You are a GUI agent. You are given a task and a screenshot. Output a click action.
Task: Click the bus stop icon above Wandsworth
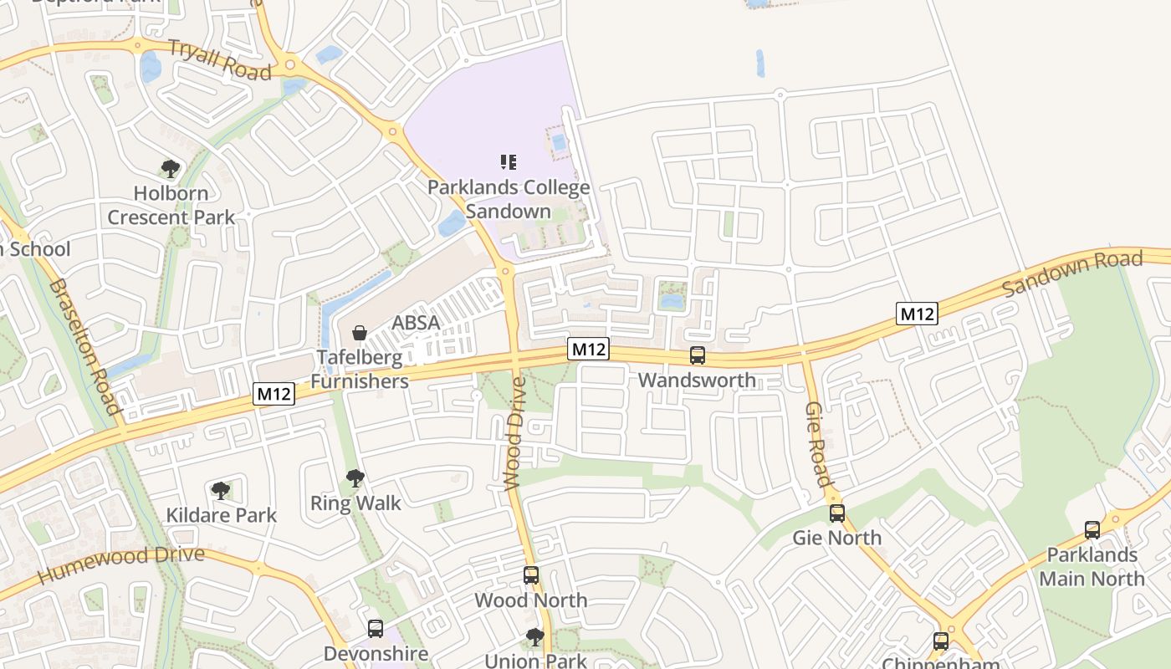tap(697, 355)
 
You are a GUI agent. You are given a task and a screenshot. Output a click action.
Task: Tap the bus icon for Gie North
tap(836, 513)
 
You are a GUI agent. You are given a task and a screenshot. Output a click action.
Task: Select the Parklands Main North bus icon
tap(1092, 529)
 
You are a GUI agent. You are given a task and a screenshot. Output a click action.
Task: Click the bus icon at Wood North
tap(530, 575)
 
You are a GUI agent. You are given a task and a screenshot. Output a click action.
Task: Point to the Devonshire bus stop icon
tap(375, 628)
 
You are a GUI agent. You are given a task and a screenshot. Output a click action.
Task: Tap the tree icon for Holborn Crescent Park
tap(171, 169)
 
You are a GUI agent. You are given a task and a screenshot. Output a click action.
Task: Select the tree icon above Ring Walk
tap(355, 478)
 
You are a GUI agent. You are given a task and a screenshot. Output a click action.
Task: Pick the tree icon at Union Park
tap(534, 637)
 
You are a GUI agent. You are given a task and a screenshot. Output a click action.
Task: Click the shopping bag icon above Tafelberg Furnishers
tap(360, 333)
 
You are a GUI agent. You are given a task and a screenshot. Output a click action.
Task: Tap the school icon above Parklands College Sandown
tap(508, 161)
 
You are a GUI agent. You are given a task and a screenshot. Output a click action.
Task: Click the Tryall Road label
tap(220, 59)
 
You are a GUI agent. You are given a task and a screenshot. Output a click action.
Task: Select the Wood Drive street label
tap(516, 432)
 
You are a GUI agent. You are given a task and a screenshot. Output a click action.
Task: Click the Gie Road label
tap(817, 443)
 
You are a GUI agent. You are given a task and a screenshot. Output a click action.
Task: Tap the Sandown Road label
tap(1072, 273)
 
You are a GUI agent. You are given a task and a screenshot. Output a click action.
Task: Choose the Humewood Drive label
tap(120, 564)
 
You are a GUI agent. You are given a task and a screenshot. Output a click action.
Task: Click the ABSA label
tap(416, 323)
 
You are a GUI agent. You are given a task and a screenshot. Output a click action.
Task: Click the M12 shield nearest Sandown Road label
tap(916, 314)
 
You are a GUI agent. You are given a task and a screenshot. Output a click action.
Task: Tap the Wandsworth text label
tap(697, 380)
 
